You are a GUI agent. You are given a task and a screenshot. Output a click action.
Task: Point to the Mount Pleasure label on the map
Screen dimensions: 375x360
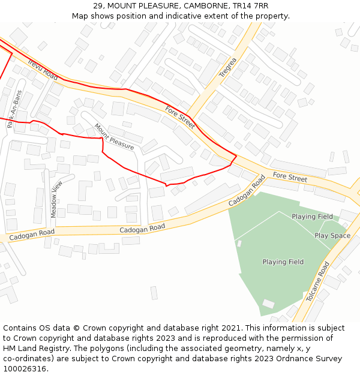point(114,136)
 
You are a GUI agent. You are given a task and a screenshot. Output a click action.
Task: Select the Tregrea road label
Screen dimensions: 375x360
point(228,67)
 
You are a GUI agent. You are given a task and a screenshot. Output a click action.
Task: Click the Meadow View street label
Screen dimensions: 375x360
point(55,199)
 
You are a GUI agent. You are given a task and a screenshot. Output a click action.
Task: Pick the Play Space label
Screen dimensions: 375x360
point(332,236)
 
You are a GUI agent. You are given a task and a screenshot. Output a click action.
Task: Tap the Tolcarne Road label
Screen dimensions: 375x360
point(318,281)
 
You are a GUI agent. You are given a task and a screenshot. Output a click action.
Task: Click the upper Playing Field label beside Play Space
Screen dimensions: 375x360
point(312,217)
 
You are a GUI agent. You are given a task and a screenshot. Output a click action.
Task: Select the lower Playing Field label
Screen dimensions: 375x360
point(283,262)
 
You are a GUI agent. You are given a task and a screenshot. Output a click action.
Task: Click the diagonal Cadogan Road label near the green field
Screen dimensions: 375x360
point(247,192)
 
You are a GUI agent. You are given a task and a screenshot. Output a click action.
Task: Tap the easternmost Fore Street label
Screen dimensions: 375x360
point(290,177)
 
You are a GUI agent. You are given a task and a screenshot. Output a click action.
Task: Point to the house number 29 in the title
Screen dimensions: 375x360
point(98,6)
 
